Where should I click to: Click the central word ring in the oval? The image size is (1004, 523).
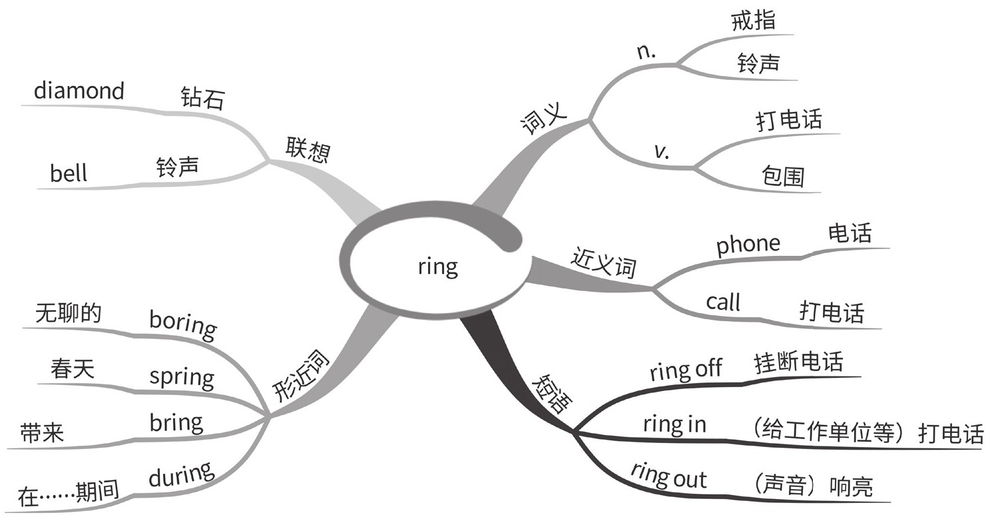coord(437,266)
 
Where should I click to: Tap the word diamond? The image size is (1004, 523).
coord(79,91)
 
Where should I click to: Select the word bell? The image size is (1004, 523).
coord(69,174)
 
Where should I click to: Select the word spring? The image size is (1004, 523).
coord(182,377)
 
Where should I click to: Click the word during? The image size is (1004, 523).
coord(181,474)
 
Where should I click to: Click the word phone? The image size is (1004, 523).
coord(748,245)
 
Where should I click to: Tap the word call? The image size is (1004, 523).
coord(722,302)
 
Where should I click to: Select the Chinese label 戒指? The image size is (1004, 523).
coord(753,21)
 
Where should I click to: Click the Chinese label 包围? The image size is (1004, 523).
coord(783,176)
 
